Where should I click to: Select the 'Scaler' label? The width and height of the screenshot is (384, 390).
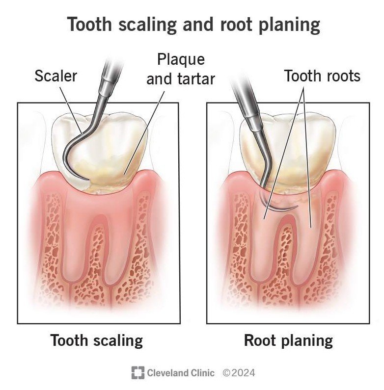click(x=56, y=76)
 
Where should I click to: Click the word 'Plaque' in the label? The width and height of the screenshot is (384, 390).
click(x=181, y=60)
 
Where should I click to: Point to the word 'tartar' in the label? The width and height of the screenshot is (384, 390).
click(x=196, y=79)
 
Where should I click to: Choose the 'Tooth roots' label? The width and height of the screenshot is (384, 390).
click(x=322, y=76)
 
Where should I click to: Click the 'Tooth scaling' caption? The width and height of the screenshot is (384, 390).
click(x=97, y=341)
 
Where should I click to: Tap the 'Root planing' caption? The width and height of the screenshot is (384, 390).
click(x=288, y=341)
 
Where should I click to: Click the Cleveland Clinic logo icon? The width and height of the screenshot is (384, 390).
click(x=137, y=373)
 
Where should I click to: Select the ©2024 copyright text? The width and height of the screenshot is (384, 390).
click(x=239, y=373)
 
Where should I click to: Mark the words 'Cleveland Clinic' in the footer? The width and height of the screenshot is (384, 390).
click(x=181, y=373)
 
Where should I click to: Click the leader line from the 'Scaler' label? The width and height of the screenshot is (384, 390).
click(x=71, y=108)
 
